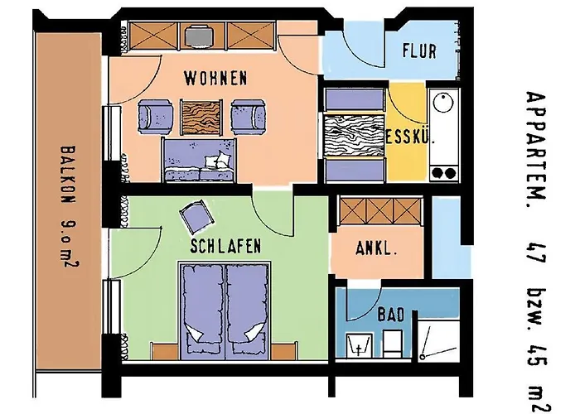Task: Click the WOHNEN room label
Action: click(x=215, y=78)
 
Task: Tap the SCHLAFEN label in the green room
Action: click(x=225, y=246)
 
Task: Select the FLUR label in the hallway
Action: click(x=419, y=51)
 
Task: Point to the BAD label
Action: click(x=391, y=315)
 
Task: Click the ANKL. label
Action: click(x=376, y=248)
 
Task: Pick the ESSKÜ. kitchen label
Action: click(x=410, y=137)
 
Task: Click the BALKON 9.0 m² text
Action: click(x=69, y=207)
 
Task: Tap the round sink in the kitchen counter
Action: click(x=443, y=102)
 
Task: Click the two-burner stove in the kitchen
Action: click(x=444, y=172)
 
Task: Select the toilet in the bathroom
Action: click(x=393, y=344)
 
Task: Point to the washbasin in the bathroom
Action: click(x=359, y=345)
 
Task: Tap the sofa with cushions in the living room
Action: click(x=199, y=160)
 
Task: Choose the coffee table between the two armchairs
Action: click(x=201, y=117)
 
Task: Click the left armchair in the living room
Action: click(x=156, y=117)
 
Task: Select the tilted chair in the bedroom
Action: click(x=197, y=216)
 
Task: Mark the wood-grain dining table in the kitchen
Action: click(x=354, y=135)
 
